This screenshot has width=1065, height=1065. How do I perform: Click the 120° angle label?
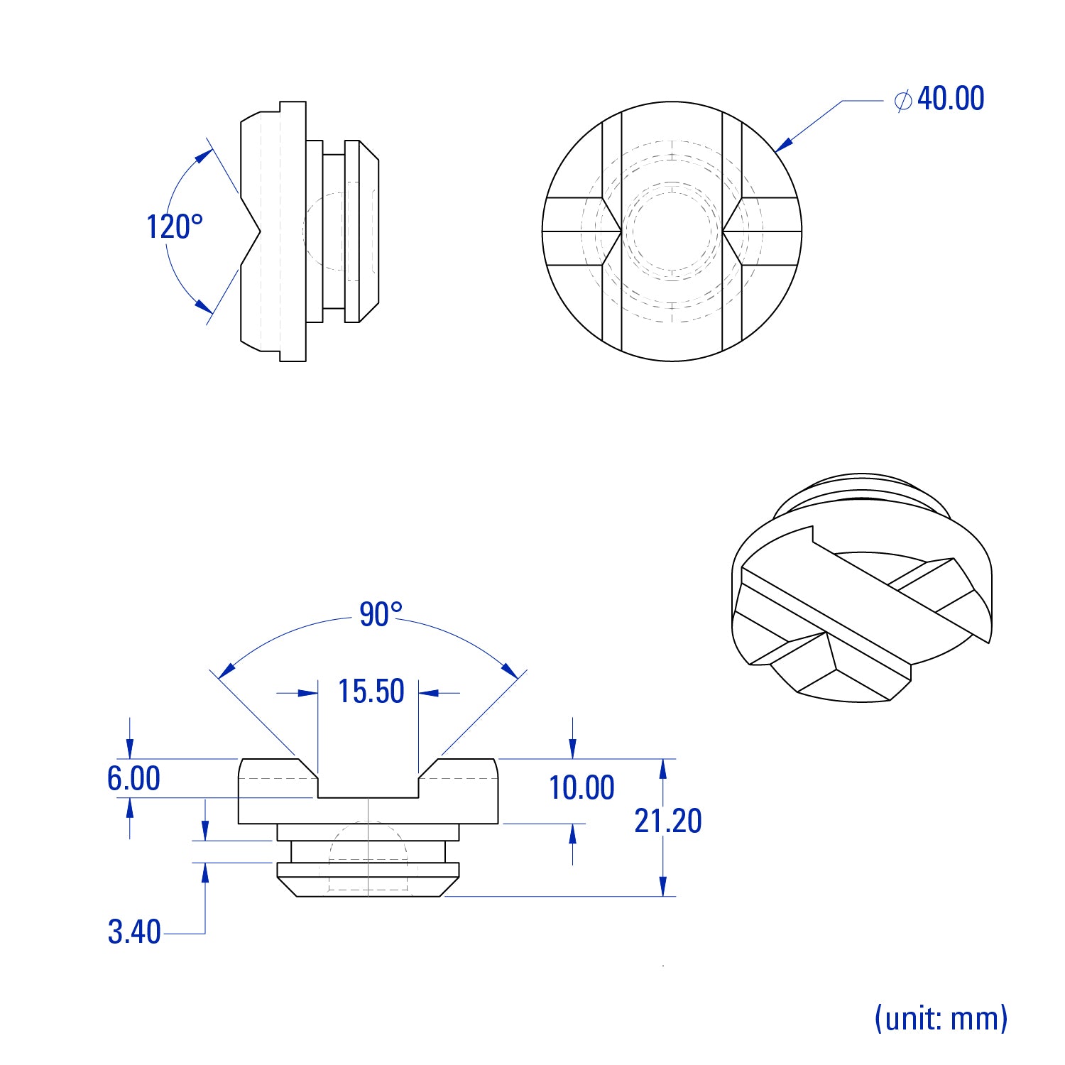tap(175, 227)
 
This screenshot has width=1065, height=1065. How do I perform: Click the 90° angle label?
tap(381, 614)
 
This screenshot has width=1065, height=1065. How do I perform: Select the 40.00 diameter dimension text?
tap(951, 99)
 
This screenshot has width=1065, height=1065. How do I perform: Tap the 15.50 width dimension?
tap(371, 692)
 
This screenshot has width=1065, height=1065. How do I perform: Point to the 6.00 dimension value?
tap(133, 778)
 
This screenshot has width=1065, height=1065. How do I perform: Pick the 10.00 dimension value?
tap(581, 788)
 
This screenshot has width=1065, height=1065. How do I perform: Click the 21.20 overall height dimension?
tap(668, 821)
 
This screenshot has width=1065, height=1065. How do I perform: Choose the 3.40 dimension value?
tap(134, 932)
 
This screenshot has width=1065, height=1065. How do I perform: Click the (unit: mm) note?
tap(941, 1018)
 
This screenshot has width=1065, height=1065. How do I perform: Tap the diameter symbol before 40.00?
tap(903, 100)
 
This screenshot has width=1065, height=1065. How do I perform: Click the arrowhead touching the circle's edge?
tap(784, 143)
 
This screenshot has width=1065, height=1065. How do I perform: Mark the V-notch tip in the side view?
tap(261, 231)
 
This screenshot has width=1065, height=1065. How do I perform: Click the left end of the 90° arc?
tap(220, 677)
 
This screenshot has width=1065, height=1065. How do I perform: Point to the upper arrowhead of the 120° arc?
tap(204, 155)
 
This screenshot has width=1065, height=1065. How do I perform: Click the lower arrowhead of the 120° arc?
tap(204, 306)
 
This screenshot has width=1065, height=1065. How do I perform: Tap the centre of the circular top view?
tap(672, 231)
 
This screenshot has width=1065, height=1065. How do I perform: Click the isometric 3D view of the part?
tap(861, 588)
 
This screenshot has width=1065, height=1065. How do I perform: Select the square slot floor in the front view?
tap(368, 798)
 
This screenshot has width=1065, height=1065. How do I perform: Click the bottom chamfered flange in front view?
tap(368, 880)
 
